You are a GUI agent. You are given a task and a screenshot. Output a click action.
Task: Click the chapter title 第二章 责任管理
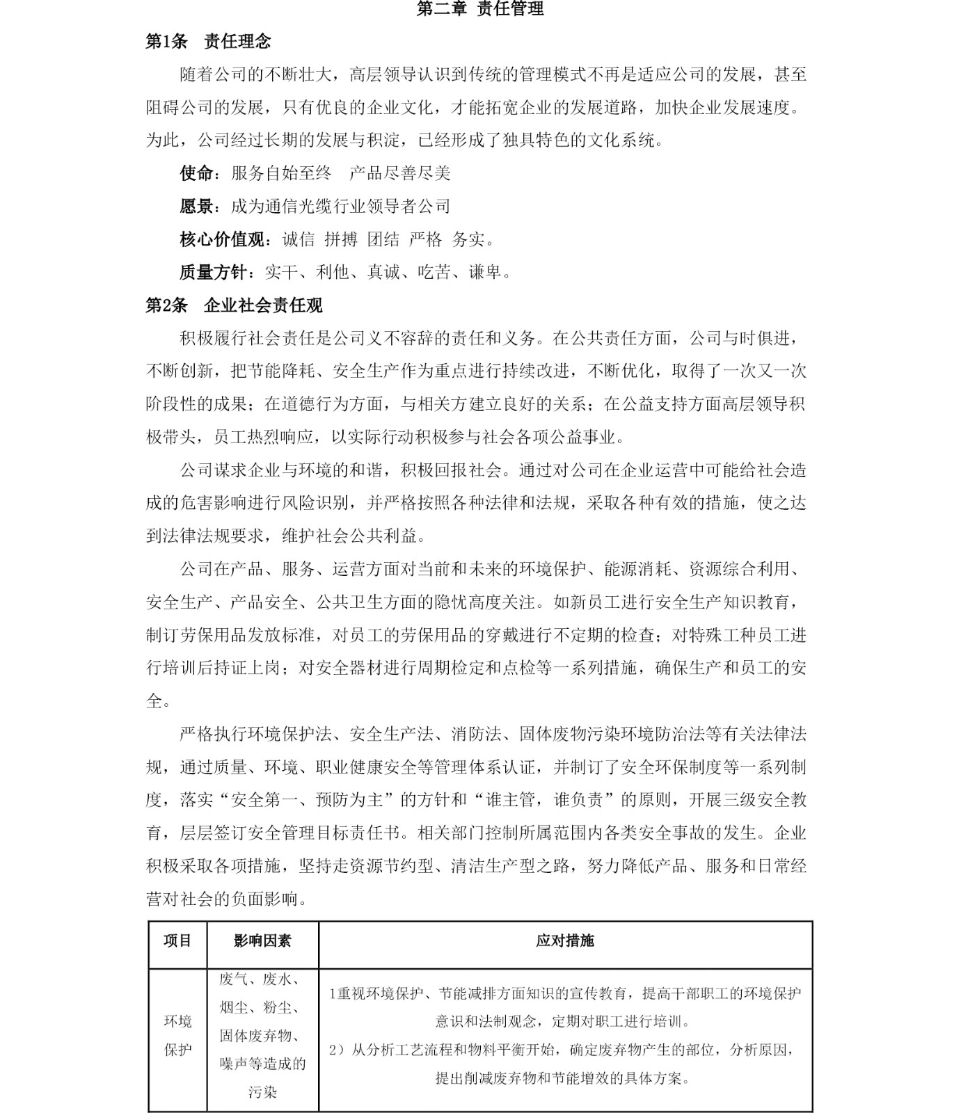479,9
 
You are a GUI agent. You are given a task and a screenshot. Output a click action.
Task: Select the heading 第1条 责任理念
207,42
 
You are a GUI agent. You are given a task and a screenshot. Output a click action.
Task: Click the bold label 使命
196,173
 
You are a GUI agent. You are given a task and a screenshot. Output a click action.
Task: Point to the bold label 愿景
196,207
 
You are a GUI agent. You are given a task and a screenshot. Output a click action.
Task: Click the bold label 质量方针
213,273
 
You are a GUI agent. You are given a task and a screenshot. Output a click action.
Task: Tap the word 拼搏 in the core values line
341,240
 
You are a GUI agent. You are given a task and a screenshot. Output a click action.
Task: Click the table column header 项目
177,941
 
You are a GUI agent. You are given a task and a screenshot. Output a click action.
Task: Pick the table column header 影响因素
262,941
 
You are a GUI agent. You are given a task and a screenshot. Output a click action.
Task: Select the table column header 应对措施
564,941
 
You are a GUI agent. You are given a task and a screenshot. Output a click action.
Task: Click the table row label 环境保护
177,1035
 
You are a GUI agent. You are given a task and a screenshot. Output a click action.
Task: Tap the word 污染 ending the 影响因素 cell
262,1092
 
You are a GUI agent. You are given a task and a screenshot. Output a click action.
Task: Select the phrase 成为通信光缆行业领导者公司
340,207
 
